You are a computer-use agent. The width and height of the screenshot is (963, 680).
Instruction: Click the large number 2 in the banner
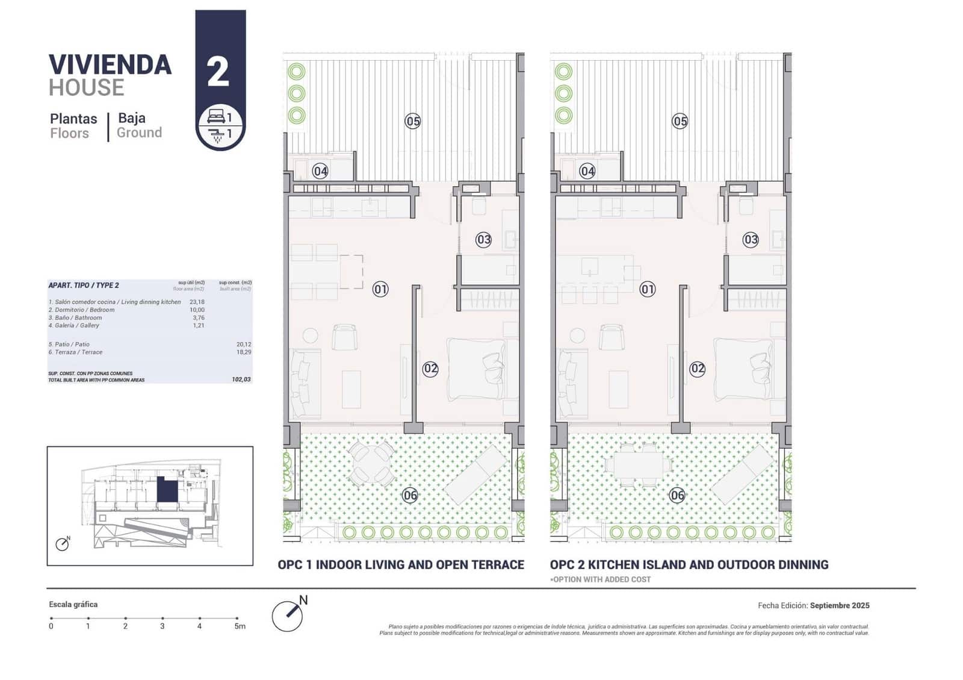click(218, 72)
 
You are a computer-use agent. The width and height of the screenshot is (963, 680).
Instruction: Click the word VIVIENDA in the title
click(110, 65)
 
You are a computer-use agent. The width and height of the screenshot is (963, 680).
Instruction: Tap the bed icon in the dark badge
click(215, 116)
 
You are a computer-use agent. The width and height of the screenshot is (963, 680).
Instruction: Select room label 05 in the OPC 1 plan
click(412, 121)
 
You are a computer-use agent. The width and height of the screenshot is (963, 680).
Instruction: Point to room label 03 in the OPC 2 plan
click(751, 240)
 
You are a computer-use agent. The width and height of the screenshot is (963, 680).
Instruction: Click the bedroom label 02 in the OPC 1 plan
click(430, 369)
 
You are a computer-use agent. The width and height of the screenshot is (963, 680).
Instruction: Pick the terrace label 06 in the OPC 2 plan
click(677, 495)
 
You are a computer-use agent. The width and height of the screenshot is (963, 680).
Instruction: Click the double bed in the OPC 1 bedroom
click(477, 369)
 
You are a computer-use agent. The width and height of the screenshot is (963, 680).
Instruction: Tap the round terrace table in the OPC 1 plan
click(372, 463)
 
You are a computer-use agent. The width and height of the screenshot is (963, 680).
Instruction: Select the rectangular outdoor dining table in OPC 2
click(639, 464)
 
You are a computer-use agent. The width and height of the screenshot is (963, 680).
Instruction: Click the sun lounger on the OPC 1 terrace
click(476, 474)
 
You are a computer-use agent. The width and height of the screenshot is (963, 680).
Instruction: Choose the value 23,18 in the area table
click(197, 302)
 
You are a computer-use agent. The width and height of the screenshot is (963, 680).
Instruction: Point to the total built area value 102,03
click(241, 379)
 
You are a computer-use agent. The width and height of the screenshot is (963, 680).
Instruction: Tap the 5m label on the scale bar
click(240, 626)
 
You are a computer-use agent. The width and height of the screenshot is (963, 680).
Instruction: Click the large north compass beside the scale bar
click(288, 615)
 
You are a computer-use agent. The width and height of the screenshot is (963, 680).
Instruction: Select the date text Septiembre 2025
click(840, 605)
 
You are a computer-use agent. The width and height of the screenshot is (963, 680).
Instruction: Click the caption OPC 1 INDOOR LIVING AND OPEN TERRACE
click(401, 565)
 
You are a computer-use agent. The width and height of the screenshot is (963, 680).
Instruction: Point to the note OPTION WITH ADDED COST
click(601, 579)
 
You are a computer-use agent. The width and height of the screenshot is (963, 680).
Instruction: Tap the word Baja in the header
click(132, 118)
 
